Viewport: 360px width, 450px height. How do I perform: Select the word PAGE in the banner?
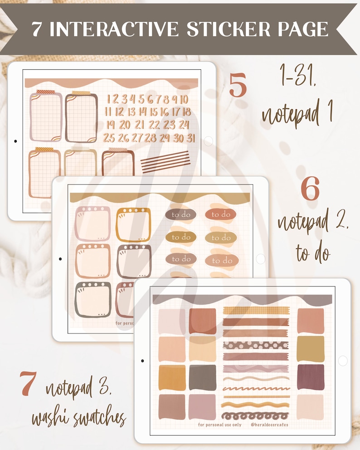tap(301, 29)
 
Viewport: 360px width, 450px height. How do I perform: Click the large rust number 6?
tap(310, 189)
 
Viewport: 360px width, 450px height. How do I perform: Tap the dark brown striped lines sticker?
tap(165, 162)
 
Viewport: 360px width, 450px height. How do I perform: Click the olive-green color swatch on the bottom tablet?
tap(311, 349)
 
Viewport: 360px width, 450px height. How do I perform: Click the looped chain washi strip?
tap(256, 416)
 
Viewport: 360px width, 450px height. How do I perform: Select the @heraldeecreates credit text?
tap(269, 425)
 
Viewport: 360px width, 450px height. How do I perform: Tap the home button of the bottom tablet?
tap(343, 361)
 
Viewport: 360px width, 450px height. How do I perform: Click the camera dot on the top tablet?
tap(15, 141)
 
